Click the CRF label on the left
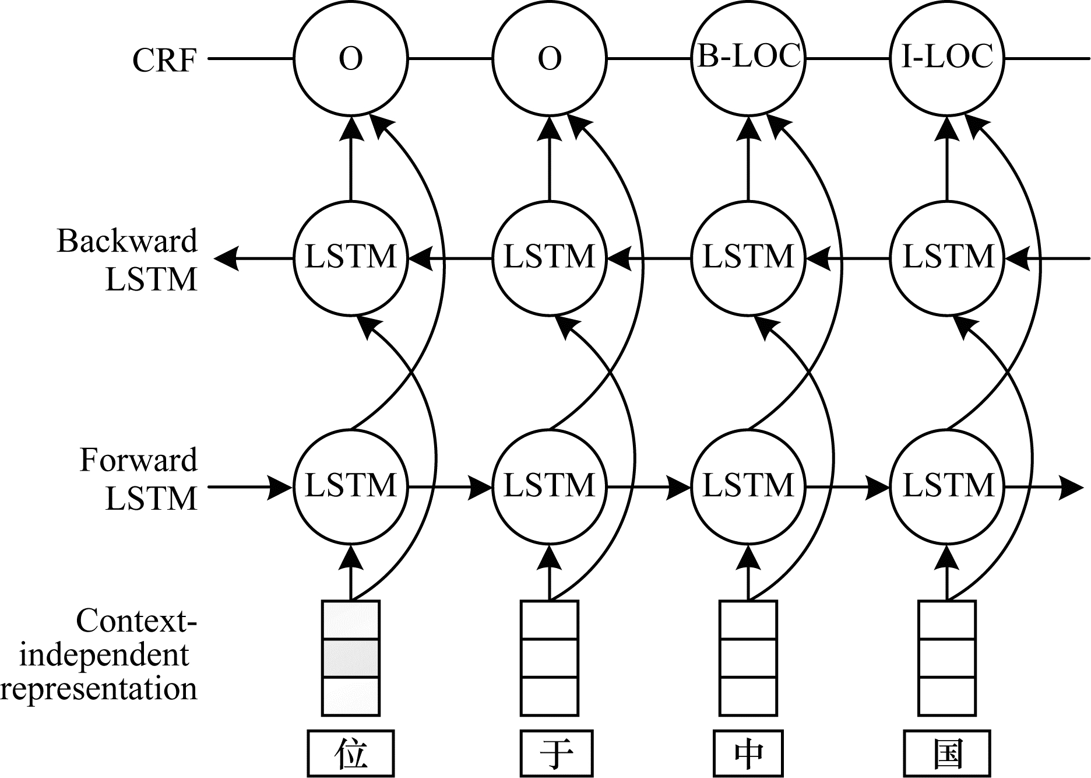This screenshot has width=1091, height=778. [164, 59]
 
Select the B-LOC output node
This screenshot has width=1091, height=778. [748, 58]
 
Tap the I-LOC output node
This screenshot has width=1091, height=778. [947, 58]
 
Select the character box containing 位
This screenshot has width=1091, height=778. [351, 754]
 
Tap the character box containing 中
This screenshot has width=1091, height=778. [748, 754]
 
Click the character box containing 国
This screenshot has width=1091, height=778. [948, 754]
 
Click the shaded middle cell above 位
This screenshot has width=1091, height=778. [351, 658]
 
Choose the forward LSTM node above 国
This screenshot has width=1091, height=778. [947, 486]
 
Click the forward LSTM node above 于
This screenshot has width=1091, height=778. [550, 486]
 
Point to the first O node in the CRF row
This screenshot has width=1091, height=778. [351, 58]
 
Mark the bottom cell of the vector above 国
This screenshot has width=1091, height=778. [947, 696]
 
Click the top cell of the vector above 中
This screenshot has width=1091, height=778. [748, 620]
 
